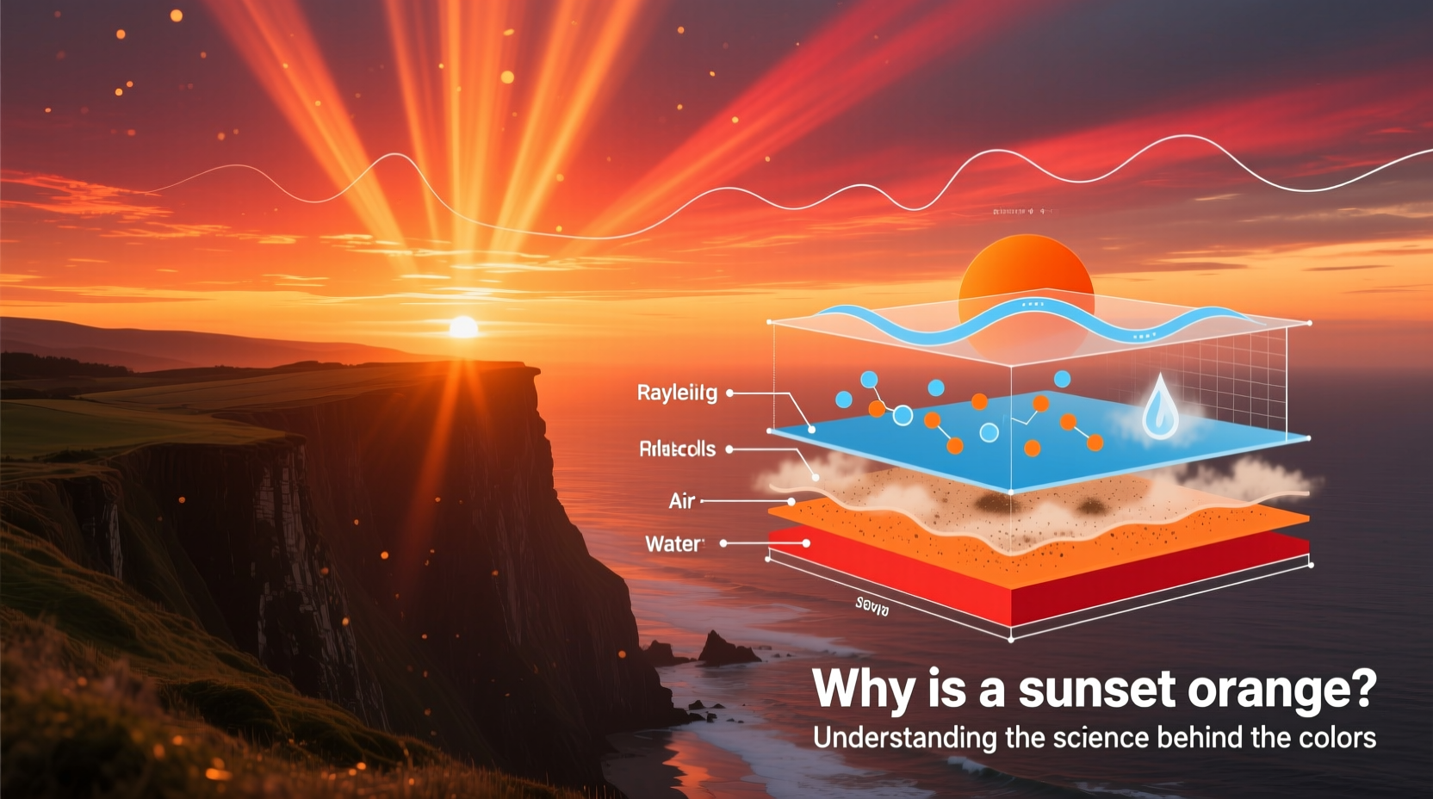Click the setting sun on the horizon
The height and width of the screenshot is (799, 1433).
click(x=463, y=327)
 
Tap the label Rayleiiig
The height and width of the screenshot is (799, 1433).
click(x=677, y=393)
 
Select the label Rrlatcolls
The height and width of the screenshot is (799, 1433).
click(x=677, y=449)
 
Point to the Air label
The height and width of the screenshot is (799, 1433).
click(x=681, y=501)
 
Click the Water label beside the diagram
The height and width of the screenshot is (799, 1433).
click(x=673, y=544)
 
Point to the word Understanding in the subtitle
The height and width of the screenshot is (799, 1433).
click(x=892, y=739)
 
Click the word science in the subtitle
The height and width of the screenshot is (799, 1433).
click(x=1101, y=739)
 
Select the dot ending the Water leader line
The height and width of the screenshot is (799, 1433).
click(x=806, y=543)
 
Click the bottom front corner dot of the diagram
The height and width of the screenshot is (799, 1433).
click(x=1011, y=640)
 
